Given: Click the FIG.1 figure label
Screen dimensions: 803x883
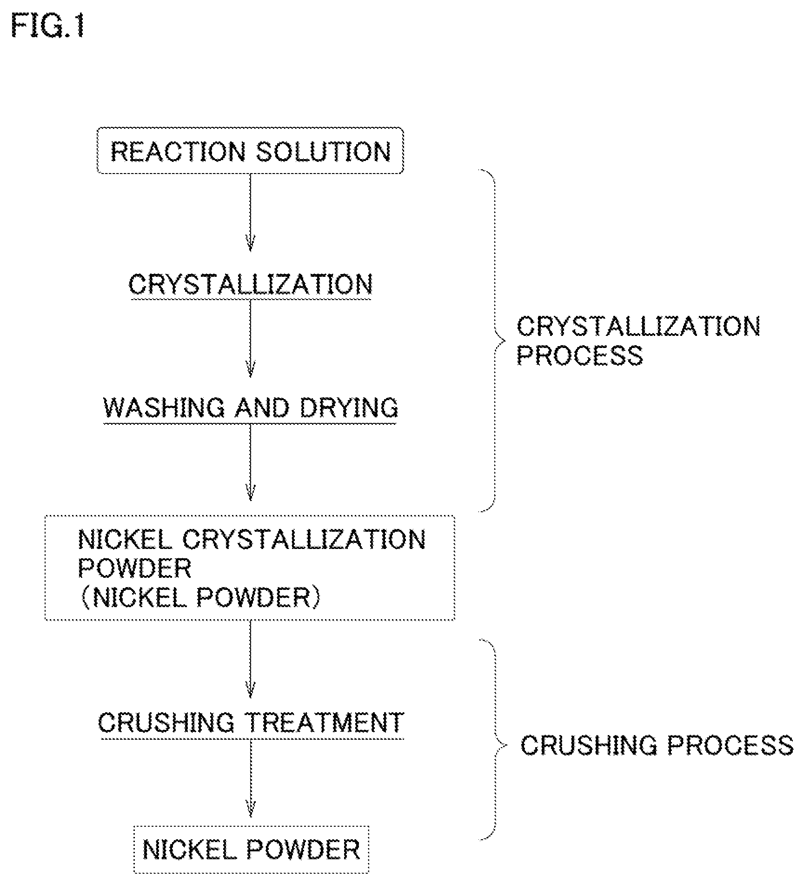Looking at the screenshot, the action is coord(48,26).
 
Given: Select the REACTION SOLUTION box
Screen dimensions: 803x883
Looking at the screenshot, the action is coord(250,150).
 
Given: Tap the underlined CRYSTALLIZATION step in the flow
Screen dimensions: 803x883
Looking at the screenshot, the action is coord(251,284).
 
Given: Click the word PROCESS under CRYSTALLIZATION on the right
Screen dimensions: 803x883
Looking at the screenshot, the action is coord(580,355).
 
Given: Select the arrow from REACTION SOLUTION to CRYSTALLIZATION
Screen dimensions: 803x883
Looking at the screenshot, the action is coord(251,213).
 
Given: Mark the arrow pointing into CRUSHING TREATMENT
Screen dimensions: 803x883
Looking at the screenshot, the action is coord(251,658).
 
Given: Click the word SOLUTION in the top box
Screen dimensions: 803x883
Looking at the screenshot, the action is coord(324,151).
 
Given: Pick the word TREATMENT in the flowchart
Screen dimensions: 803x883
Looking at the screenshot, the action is coord(325,722).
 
